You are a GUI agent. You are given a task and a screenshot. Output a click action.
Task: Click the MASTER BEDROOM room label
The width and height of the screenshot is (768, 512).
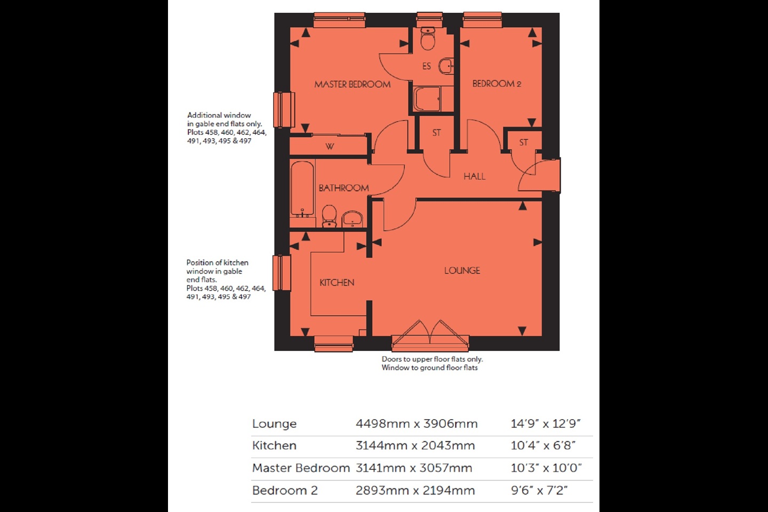click(x=352, y=84)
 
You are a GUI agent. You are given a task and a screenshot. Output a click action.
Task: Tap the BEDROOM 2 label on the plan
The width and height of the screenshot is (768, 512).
click(x=496, y=84)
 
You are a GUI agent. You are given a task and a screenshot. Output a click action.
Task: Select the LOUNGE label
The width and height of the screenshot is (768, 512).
click(x=462, y=270)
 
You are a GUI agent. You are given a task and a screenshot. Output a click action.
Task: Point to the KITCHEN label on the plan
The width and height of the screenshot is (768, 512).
click(x=337, y=283)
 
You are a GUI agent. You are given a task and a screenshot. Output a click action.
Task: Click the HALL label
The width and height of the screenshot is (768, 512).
click(x=474, y=177)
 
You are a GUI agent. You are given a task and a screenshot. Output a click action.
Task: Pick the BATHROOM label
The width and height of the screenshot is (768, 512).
click(x=343, y=188)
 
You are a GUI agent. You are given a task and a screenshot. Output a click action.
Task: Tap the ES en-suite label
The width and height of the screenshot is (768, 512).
click(x=426, y=66)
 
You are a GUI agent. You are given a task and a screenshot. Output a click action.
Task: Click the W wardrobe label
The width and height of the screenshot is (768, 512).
click(x=330, y=146)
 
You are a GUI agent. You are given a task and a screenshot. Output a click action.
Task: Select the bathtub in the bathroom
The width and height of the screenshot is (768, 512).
click(x=302, y=189)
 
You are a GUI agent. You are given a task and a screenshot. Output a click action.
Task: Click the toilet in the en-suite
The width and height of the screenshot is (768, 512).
click(x=428, y=38)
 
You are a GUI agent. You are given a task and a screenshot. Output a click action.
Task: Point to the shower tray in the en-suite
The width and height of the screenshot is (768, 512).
click(x=427, y=99)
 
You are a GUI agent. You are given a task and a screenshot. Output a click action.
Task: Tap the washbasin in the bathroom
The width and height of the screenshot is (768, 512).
click(x=352, y=219)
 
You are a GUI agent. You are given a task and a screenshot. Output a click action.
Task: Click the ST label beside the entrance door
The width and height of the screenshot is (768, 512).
click(x=523, y=142)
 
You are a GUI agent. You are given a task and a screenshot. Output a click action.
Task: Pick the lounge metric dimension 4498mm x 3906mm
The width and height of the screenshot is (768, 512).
click(x=417, y=424)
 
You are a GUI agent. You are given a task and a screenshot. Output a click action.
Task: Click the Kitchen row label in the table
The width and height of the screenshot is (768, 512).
click(x=274, y=446)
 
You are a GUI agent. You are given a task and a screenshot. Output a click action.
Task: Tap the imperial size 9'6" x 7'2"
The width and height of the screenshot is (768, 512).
click(x=539, y=491)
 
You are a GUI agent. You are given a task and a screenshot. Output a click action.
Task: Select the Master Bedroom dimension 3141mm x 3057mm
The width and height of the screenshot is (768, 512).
click(x=414, y=468)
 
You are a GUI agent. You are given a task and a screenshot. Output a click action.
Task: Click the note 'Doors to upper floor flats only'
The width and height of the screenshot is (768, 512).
click(x=432, y=359)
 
